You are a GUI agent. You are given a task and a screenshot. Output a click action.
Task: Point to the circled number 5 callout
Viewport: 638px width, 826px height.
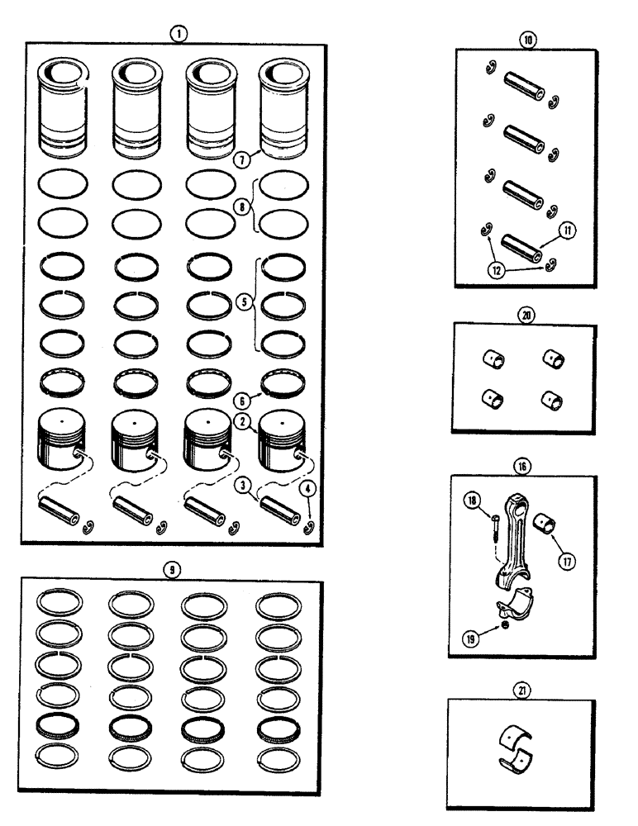coord(242,302)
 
